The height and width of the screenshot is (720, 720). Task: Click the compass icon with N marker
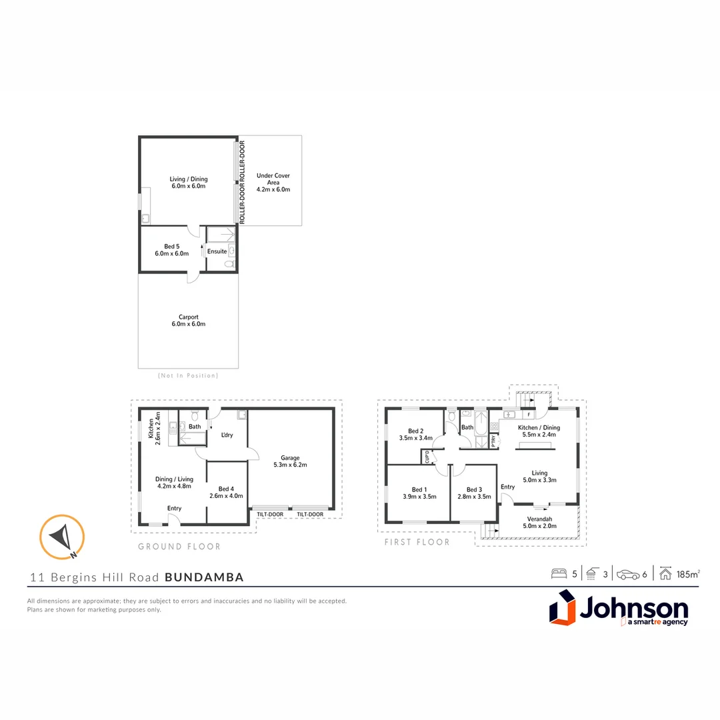pyautogui.click(x=61, y=537)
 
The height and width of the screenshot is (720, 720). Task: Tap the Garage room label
pyautogui.click(x=290, y=458)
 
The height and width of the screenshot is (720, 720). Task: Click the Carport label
pyautogui.click(x=188, y=317)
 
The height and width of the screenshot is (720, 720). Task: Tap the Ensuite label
pyautogui.click(x=217, y=251)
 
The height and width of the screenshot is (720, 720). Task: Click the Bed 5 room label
pyautogui.click(x=172, y=246)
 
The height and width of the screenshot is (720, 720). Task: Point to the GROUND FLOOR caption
pyautogui.click(x=179, y=547)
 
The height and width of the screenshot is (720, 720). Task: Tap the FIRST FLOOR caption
pyautogui.click(x=417, y=542)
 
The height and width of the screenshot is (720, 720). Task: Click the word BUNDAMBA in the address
pyautogui.click(x=204, y=577)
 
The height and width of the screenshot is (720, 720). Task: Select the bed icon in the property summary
pyautogui.click(x=559, y=573)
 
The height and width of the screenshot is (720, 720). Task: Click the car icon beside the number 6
pyautogui.click(x=627, y=573)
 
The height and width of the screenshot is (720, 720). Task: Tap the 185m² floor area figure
pyautogui.click(x=687, y=573)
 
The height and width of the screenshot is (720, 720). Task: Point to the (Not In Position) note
pyautogui.click(x=187, y=375)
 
